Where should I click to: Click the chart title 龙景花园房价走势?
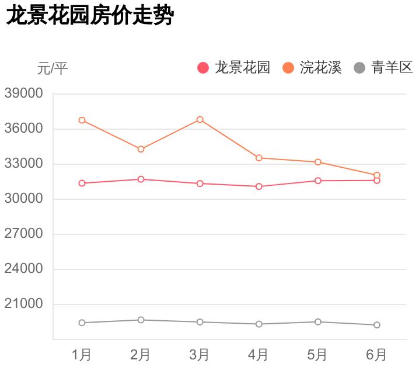coord(90,16)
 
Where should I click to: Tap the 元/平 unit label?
coord(53,68)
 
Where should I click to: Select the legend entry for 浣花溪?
coord(313,68)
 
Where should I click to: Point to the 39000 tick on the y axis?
coord(24,93)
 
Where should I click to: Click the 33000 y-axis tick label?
coord(24,164)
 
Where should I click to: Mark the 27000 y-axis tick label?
coord(24,234)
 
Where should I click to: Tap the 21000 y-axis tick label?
coord(24,304)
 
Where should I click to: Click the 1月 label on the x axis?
coord(82,355)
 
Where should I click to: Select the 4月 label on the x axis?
coord(259,355)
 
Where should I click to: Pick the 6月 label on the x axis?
coord(376,355)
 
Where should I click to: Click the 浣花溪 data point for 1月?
coord(82,120)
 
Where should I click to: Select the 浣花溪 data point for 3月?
coord(200,120)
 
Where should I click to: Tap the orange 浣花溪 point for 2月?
coord(141,149)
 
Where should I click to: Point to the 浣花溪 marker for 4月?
coord(259,158)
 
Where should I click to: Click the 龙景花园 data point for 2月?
coord(141,179)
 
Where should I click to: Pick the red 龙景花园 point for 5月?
coord(318,181)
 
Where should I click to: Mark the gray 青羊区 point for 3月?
coord(200,322)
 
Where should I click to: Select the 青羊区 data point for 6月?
coord(377,325)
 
